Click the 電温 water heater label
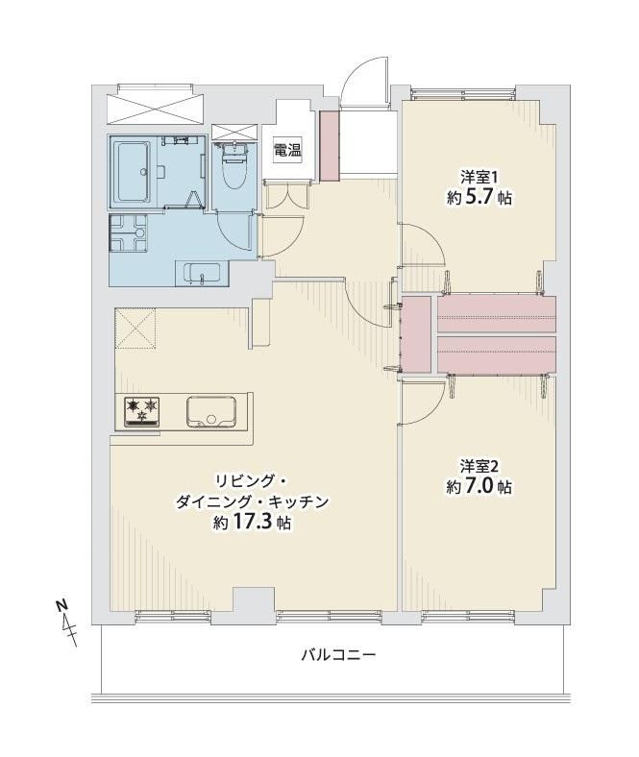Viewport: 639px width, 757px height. [287, 150]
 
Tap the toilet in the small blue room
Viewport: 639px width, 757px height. [233, 165]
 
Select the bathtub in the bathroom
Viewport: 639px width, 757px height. [132, 171]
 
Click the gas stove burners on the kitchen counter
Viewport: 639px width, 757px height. [142, 411]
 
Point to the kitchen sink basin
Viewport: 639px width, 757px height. [211, 412]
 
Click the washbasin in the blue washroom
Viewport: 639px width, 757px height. [202, 274]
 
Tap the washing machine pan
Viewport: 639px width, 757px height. [129, 233]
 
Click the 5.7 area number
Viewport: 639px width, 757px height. [480, 198]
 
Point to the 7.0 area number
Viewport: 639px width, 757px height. [480, 487]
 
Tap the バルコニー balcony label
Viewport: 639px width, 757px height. [338, 655]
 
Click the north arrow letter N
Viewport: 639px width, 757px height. [61, 605]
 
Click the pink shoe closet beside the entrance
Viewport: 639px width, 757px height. [330, 146]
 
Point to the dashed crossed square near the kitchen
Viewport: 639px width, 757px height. [135, 328]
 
